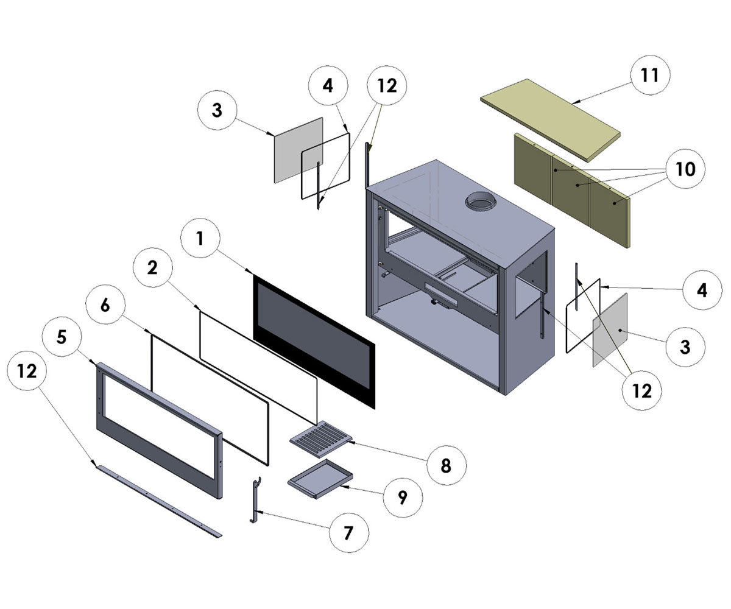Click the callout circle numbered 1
coord(200,239)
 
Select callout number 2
coord(152,267)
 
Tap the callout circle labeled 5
coord(61,337)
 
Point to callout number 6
coord(105,305)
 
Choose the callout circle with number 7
coord(348,533)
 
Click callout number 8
coord(445,465)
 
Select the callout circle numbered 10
coord(685,169)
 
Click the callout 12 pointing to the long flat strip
coord(27,371)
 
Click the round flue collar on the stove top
coord(481,203)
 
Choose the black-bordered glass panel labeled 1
coord(314,341)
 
